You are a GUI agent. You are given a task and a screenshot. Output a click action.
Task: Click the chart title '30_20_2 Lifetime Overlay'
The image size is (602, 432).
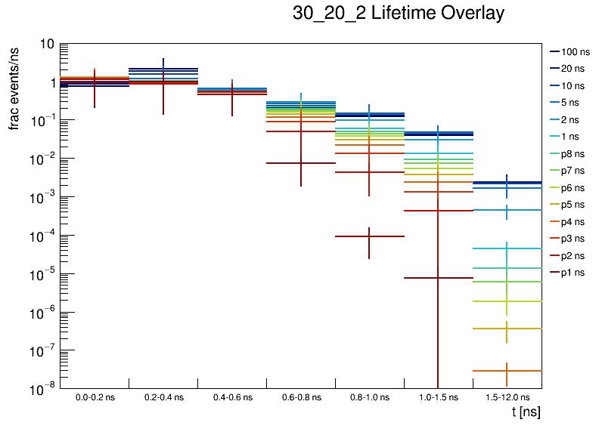[x=398, y=14]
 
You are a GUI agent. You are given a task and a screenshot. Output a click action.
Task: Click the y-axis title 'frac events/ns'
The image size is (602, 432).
[x=14, y=87]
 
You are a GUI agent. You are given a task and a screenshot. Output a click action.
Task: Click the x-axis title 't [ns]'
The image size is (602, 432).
[x=526, y=412]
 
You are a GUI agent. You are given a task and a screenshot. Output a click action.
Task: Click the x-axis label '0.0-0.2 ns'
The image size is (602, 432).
[x=95, y=397]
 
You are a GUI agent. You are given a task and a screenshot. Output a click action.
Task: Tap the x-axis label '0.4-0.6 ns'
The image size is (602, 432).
[x=232, y=397]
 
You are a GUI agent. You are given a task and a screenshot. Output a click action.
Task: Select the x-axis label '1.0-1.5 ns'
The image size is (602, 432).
[x=438, y=397]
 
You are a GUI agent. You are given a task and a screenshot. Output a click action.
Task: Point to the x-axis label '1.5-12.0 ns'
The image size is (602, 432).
[x=507, y=397]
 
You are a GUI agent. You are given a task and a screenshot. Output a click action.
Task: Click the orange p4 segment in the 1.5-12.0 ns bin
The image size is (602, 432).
[x=492, y=371]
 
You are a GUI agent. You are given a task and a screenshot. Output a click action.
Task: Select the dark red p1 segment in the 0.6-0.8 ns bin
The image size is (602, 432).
[x=287, y=163]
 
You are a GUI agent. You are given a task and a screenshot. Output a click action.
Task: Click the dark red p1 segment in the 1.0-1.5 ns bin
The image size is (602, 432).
[x=424, y=278]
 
